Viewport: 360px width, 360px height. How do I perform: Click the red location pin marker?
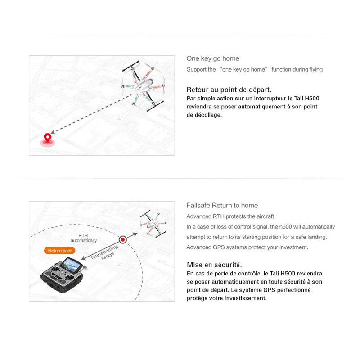click(x=47, y=138)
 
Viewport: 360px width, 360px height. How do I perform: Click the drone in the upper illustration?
click(x=143, y=85)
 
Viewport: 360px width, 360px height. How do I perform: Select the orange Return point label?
click(x=59, y=251)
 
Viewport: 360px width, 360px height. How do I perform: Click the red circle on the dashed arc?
click(x=122, y=240)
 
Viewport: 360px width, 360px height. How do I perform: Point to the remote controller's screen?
click(x=72, y=262)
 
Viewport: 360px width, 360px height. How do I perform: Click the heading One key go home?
click(x=213, y=58)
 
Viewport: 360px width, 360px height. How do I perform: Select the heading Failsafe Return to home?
click(x=222, y=205)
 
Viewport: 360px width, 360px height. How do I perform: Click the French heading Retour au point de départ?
click(x=229, y=90)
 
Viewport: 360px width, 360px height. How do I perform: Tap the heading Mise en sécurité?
click(x=214, y=265)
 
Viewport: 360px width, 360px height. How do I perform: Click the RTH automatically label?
click(x=83, y=238)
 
